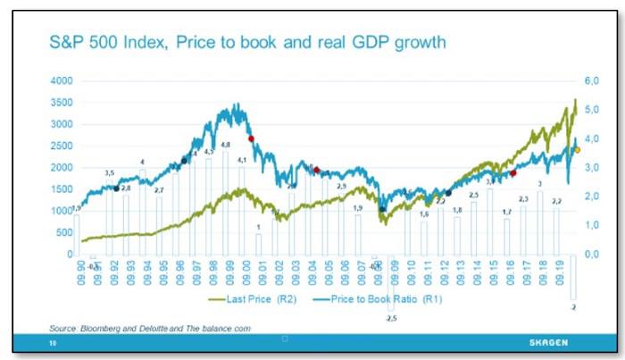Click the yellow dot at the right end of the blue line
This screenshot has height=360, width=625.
(x=577, y=150)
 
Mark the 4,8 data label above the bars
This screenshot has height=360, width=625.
(x=225, y=145)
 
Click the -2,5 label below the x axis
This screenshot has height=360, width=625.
(x=389, y=317)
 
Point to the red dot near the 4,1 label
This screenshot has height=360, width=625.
(x=251, y=138)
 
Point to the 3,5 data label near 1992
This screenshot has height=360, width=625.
(x=109, y=172)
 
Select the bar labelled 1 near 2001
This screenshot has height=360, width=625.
(x=258, y=243)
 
